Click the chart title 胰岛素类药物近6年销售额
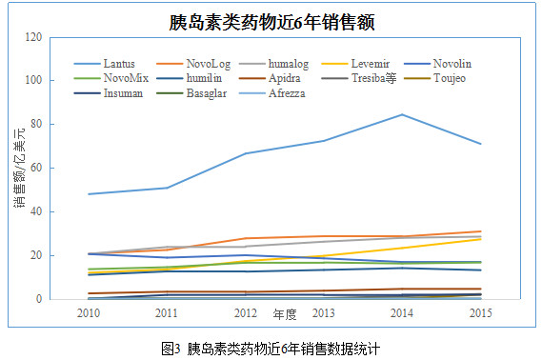271,23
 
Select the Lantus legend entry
105,64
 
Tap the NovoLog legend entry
193,64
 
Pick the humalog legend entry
273,64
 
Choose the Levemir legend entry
355,64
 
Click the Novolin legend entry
437,64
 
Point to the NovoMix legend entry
111,78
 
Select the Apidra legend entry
270,78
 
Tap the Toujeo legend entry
434,78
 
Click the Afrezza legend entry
272,93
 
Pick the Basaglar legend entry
191,93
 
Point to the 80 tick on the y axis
36,124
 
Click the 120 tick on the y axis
33,36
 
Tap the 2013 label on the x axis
323,313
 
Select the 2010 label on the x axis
89,313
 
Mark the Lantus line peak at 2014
402,114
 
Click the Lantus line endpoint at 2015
480,144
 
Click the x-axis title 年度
285,314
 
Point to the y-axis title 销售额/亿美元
20,168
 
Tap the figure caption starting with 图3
271,349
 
